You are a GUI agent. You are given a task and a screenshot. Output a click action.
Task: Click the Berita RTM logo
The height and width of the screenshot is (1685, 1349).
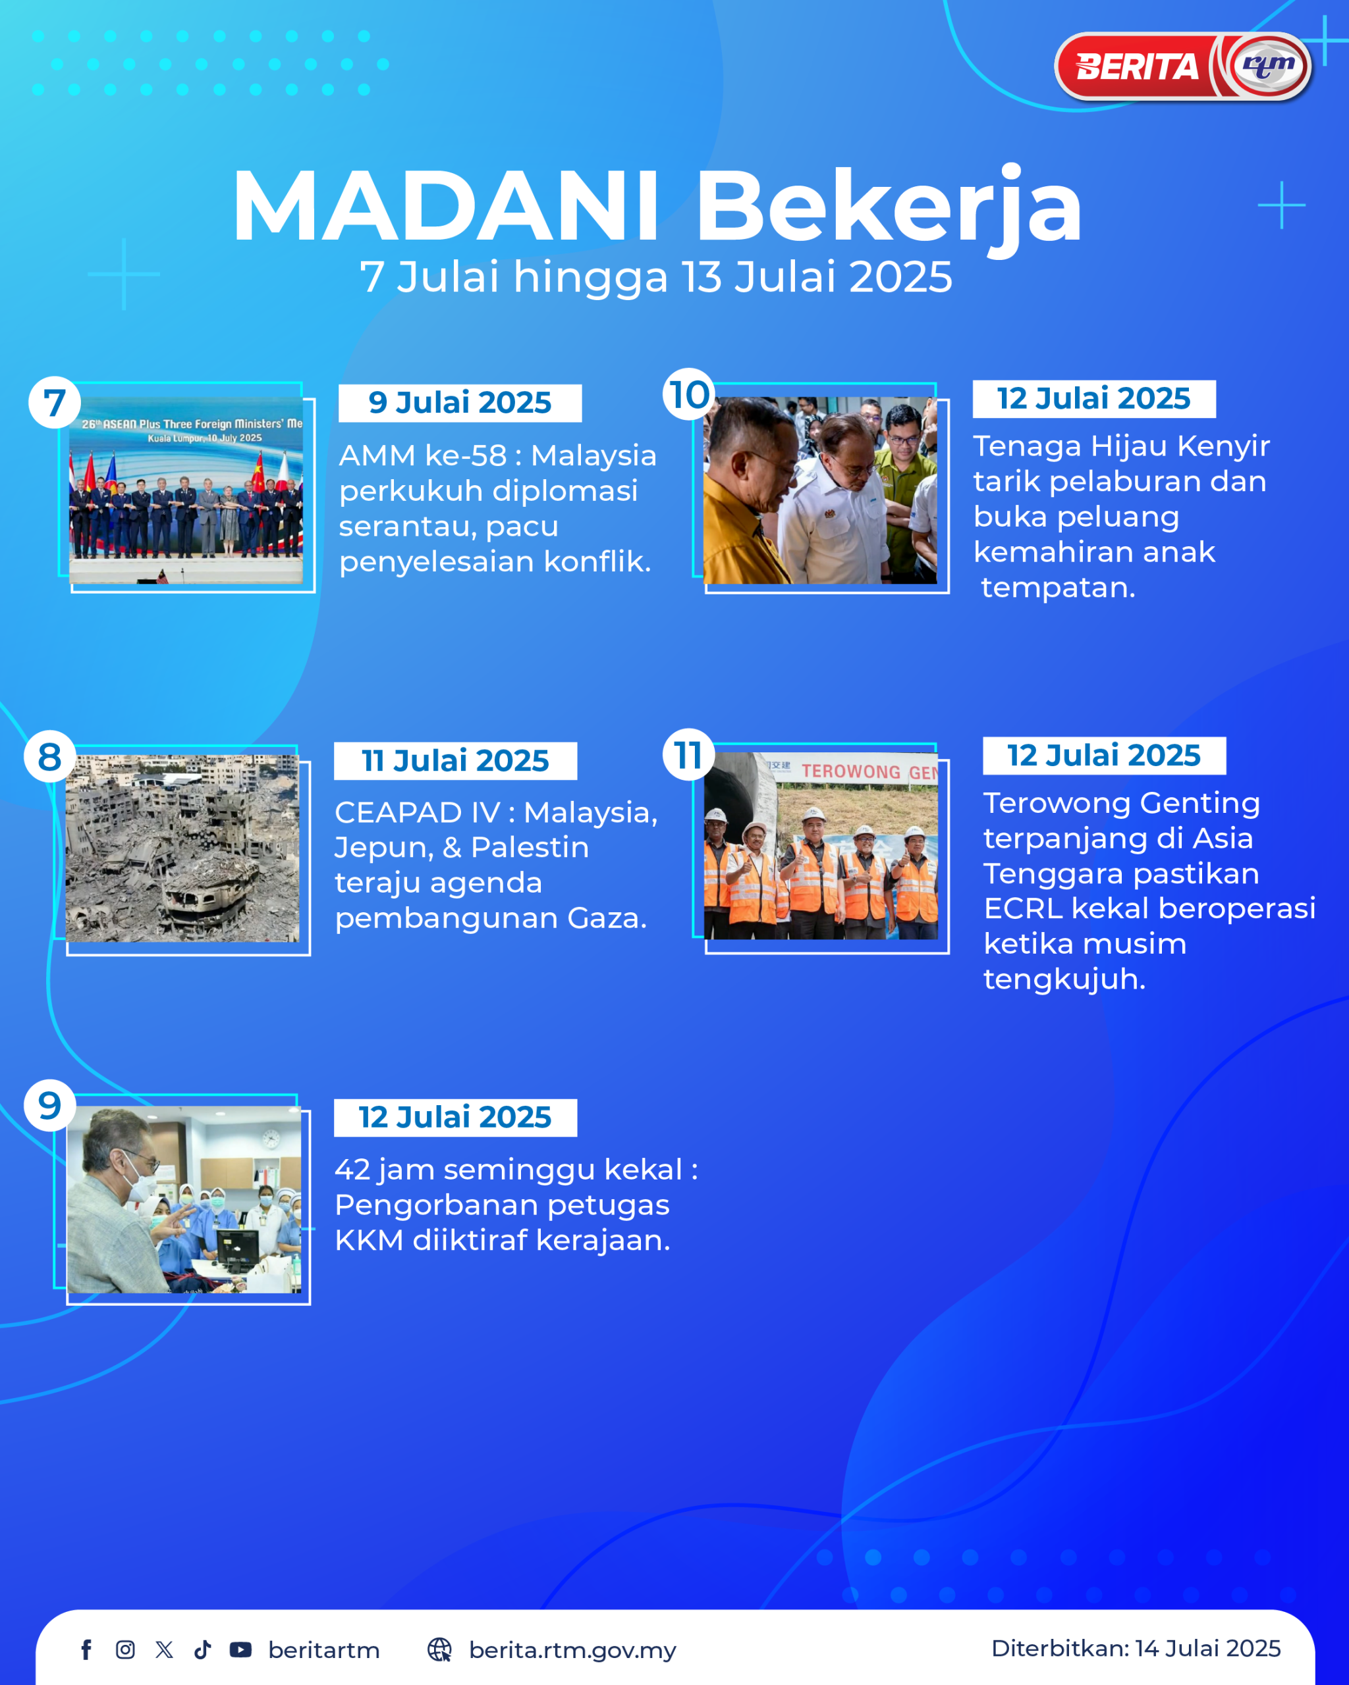click(1183, 66)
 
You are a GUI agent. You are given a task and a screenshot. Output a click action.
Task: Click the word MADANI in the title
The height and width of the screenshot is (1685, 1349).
click(447, 206)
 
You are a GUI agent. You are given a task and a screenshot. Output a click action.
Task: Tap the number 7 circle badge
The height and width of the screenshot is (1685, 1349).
click(54, 403)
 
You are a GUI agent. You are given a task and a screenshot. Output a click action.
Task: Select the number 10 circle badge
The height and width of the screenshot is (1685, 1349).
click(689, 394)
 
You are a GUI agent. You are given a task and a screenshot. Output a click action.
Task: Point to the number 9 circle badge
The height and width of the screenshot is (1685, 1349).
click(50, 1105)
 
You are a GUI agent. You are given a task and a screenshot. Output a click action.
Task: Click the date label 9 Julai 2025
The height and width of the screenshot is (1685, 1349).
click(460, 403)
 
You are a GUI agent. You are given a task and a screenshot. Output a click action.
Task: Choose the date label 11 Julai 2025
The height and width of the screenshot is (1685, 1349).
click(455, 760)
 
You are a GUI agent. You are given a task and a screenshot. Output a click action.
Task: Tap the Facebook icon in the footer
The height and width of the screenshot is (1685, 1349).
click(87, 1650)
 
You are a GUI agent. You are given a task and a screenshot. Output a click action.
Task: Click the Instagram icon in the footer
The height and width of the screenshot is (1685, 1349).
click(125, 1650)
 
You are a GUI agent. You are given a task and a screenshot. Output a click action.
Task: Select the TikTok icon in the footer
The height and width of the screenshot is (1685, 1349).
click(202, 1650)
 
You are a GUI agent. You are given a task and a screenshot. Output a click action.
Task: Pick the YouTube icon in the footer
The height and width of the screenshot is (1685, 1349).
click(240, 1650)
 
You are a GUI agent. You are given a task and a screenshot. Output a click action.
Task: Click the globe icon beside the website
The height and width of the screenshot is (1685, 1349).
click(439, 1650)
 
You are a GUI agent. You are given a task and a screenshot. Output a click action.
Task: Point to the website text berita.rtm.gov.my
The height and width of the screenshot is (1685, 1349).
click(572, 1651)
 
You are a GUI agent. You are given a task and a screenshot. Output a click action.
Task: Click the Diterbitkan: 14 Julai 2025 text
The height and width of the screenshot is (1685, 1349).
click(1136, 1648)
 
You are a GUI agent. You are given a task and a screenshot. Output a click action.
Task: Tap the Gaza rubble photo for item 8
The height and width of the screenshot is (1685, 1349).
click(182, 848)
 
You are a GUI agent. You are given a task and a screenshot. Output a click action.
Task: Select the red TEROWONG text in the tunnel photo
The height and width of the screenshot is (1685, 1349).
click(851, 771)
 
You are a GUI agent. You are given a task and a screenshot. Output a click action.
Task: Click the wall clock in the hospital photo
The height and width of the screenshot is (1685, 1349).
click(271, 1139)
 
